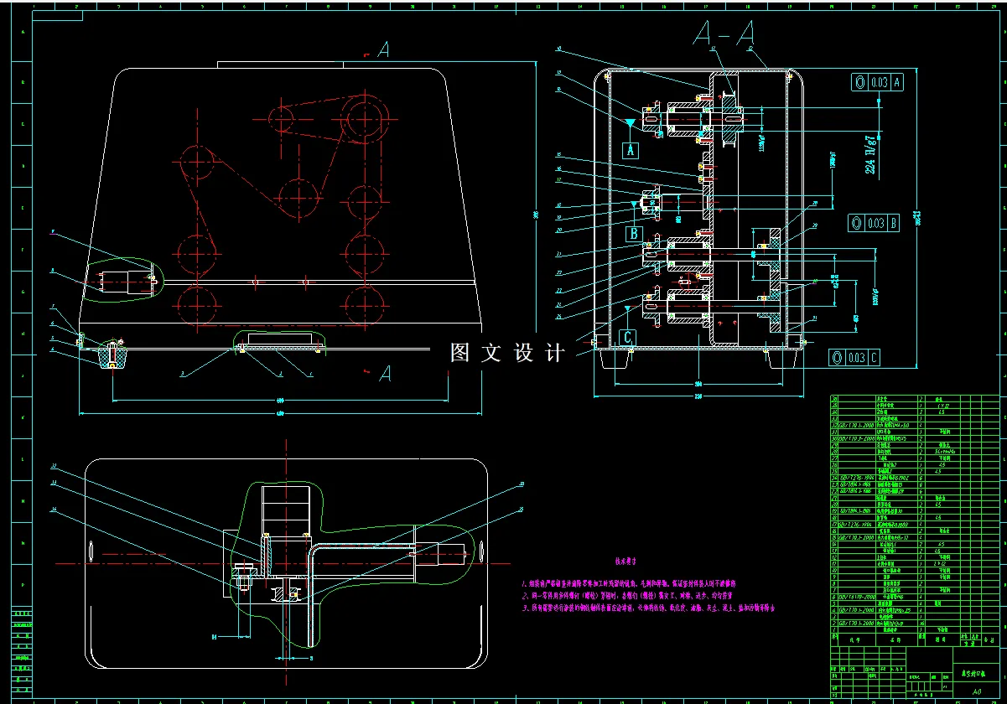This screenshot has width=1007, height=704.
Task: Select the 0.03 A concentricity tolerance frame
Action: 877,82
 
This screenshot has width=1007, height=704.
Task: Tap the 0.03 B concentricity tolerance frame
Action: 877,223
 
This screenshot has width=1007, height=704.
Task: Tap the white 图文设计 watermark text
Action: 507,353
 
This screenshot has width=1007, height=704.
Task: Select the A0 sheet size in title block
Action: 976,692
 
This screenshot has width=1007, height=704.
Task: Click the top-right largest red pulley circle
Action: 366,114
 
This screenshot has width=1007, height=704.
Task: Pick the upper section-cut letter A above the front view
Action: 382,51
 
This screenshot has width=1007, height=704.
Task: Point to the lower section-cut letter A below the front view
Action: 385,372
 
